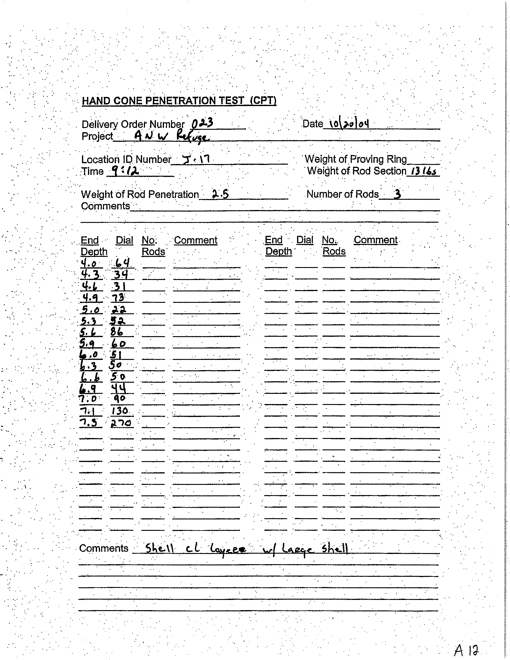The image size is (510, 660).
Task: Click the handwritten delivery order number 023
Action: (202, 123)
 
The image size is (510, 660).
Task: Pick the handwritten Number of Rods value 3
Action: (398, 194)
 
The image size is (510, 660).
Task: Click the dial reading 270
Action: (121, 423)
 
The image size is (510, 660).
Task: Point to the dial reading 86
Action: (117, 332)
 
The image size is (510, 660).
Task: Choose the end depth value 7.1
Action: (88, 411)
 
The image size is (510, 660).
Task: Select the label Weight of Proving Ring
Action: (356, 159)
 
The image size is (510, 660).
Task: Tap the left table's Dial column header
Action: (124, 240)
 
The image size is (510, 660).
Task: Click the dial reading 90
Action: (119, 399)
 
